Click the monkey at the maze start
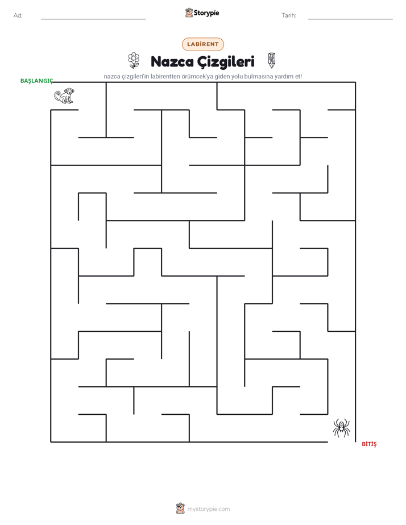click(64, 96)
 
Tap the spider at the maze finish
click(341, 428)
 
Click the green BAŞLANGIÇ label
click(36, 81)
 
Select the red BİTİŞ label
click(369, 444)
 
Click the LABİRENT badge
click(202, 44)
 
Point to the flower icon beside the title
click(134, 60)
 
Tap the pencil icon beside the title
click(272, 60)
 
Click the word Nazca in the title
click(172, 61)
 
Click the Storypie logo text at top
click(206, 13)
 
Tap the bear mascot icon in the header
click(189, 13)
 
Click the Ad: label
click(18, 15)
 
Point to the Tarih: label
click(289, 15)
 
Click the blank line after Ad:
click(93, 19)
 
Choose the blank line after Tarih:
click(350, 19)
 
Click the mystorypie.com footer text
click(208, 509)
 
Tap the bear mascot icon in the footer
click(180, 509)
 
